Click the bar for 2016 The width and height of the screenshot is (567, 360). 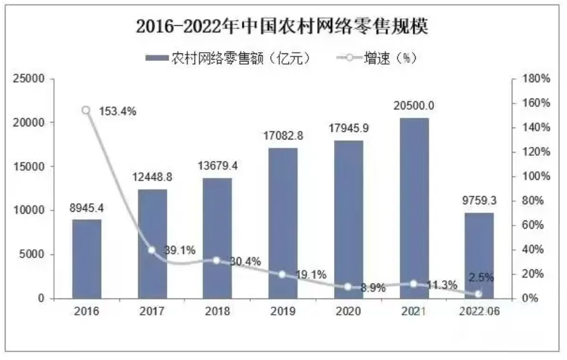click(x=86, y=259)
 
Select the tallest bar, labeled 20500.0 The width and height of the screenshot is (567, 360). click(x=413, y=207)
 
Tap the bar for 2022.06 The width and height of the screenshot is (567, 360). click(x=478, y=255)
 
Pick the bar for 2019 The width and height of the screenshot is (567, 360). click(x=283, y=223)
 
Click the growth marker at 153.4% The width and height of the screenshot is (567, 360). click(x=86, y=111)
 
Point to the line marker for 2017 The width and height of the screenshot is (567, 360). click(x=151, y=250)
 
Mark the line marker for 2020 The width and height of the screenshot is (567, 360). click(x=348, y=287)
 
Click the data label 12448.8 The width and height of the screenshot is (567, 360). click(x=151, y=178)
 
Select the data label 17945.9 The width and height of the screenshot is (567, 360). click(x=348, y=129)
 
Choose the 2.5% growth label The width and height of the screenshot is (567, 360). click(x=481, y=277)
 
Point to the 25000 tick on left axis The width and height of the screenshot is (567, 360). click(x=31, y=79)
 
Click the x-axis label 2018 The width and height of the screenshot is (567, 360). click(x=217, y=311)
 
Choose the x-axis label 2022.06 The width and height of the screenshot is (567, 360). click(x=478, y=311)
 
